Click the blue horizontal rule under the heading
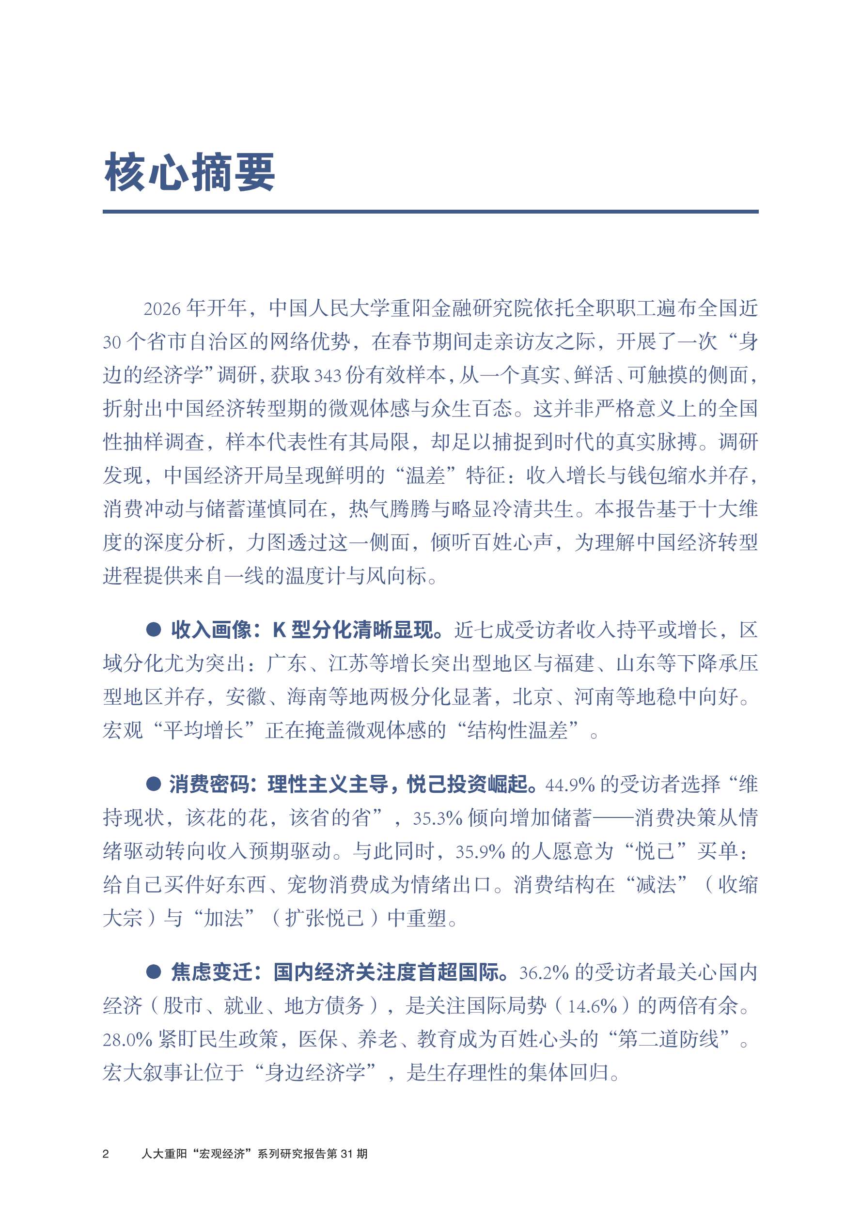point(430,212)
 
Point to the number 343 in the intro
point(328,376)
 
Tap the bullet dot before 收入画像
point(154,629)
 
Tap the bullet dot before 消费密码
point(154,784)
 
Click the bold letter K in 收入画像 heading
point(279,630)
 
